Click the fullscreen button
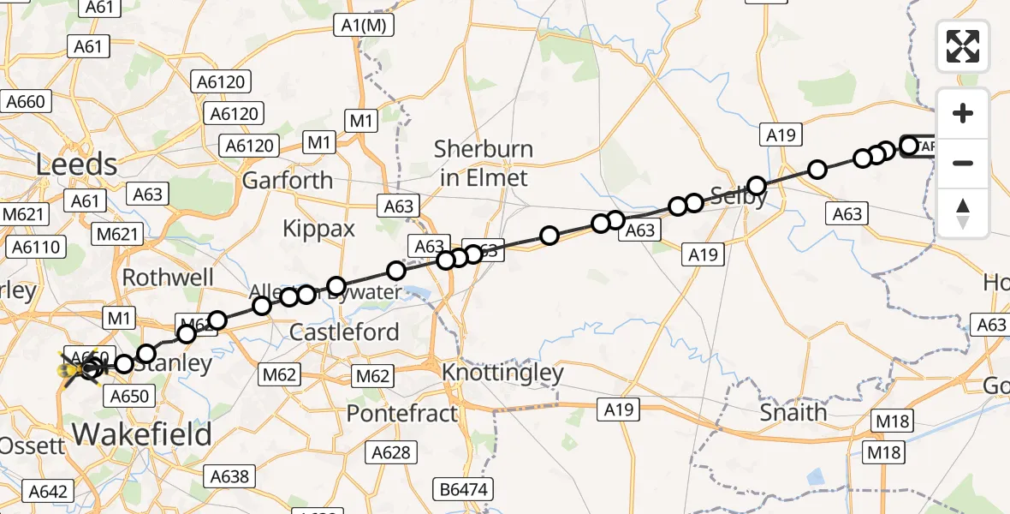(963, 45)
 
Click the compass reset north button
(963, 212)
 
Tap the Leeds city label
(76, 164)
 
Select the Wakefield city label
(142, 434)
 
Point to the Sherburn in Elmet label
(483, 163)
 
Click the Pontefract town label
(402, 414)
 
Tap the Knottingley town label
(502, 373)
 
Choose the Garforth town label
(288, 180)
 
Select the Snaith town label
(793, 412)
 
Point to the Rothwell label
(168, 277)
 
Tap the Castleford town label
(345, 332)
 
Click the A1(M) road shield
(364, 27)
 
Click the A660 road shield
(26, 102)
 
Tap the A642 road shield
(48, 491)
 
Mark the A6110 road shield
(35, 248)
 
